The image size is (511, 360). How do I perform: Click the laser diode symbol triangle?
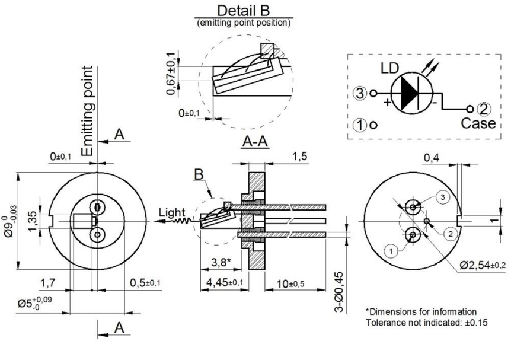tap(411, 94)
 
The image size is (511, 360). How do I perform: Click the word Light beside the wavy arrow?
tap(170, 213)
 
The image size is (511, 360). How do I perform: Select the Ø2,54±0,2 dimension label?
tap(482, 265)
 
